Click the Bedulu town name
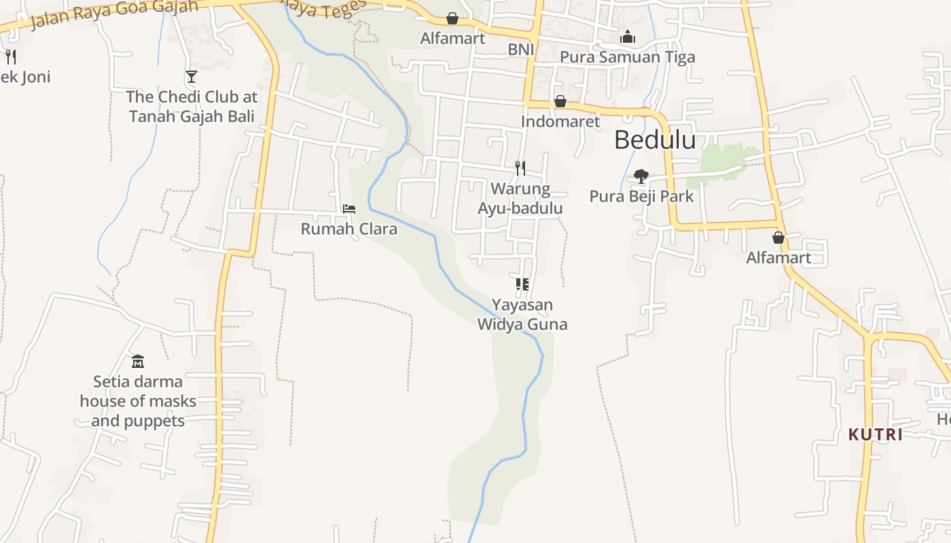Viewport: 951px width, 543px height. click(x=655, y=140)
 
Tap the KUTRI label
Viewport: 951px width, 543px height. click(x=876, y=434)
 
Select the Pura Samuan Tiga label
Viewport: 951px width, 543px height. click(x=627, y=57)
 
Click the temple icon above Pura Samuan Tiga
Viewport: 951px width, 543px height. click(x=628, y=37)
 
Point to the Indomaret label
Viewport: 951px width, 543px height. click(x=560, y=121)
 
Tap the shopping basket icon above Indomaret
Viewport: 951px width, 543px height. click(x=560, y=102)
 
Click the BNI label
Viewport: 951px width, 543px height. click(x=521, y=50)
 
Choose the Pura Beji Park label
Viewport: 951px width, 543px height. click(x=641, y=196)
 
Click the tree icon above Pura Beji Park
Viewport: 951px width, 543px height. click(x=641, y=176)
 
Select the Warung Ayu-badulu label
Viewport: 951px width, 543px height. click(x=520, y=198)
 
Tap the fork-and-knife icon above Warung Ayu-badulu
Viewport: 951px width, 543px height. click(x=520, y=168)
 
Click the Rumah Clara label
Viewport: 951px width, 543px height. click(x=349, y=229)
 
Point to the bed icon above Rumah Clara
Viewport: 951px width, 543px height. click(x=349, y=209)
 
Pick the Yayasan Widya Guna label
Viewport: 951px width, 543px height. click(x=522, y=314)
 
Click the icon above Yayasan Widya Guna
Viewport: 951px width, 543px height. click(x=522, y=284)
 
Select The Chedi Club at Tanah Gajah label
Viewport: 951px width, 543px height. click(x=192, y=107)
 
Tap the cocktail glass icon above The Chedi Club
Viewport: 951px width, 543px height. click(x=192, y=77)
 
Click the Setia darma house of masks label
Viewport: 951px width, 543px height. click(x=138, y=401)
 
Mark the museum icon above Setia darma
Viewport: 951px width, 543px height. click(x=138, y=361)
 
